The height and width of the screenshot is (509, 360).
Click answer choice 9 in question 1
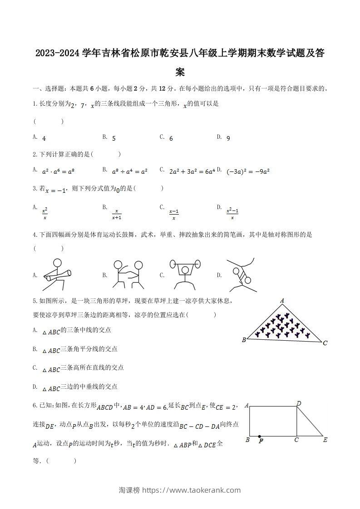point(228,138)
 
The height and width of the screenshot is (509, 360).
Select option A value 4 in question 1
point(44,138)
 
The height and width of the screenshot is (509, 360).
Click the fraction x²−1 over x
point(232,214)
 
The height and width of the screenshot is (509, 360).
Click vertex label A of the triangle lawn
point(282,300)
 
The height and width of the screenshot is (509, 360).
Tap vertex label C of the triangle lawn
point(325,343)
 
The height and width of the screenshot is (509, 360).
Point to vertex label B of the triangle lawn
point(244,340)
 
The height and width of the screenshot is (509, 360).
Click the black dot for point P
point(260,437)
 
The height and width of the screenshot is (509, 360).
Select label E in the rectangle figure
point(325,440)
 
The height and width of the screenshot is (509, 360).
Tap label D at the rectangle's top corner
point(298,403)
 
